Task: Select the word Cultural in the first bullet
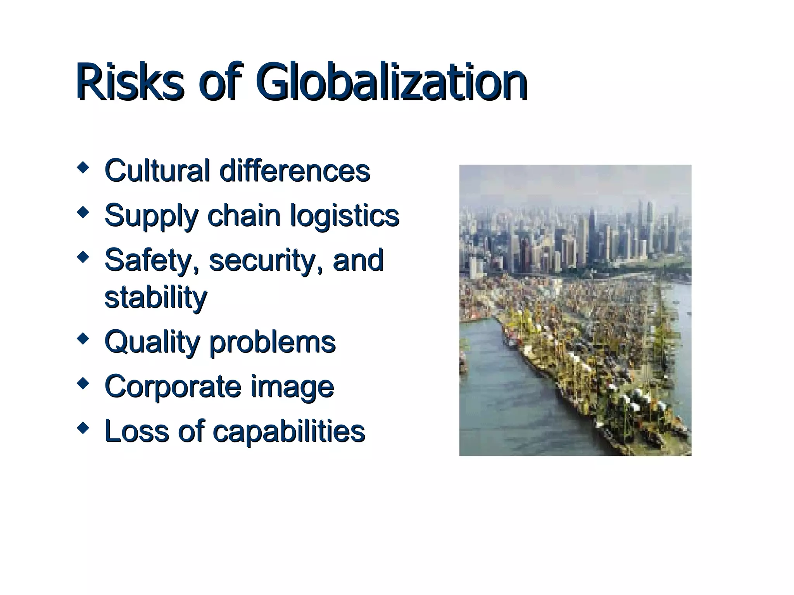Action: (x=157, y=170)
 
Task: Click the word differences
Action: (x=295, y=170)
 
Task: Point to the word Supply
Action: (x=151, y=216)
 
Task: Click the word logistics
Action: (x=345, y=216)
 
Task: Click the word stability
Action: (x=156, y=297)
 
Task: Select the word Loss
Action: (x=137, y=431)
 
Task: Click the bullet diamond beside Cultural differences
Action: (x=83, y=168)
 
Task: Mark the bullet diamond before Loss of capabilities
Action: (x=83, y=428)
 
